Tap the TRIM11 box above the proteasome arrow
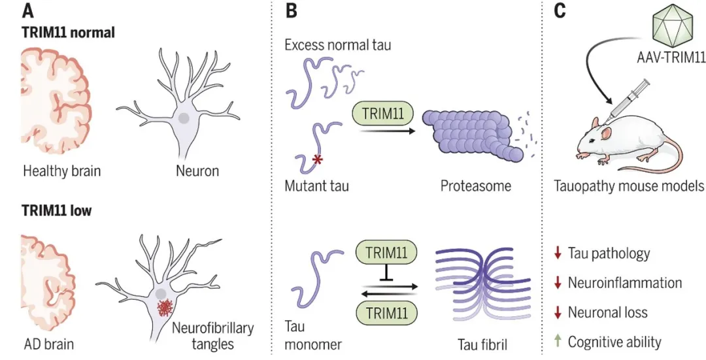pos(382,115)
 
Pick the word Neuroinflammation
pos(625,282)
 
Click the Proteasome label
pos(475,186)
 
